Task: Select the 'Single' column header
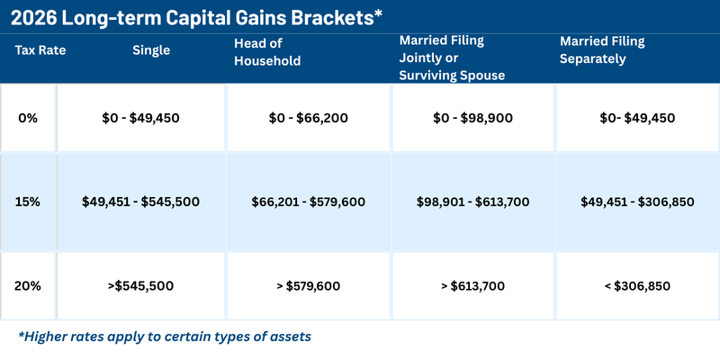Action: pos(151,50)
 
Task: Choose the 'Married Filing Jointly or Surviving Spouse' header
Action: pos(454,58)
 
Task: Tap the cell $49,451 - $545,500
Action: pos(139,202)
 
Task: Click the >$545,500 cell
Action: pos(139,286)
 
